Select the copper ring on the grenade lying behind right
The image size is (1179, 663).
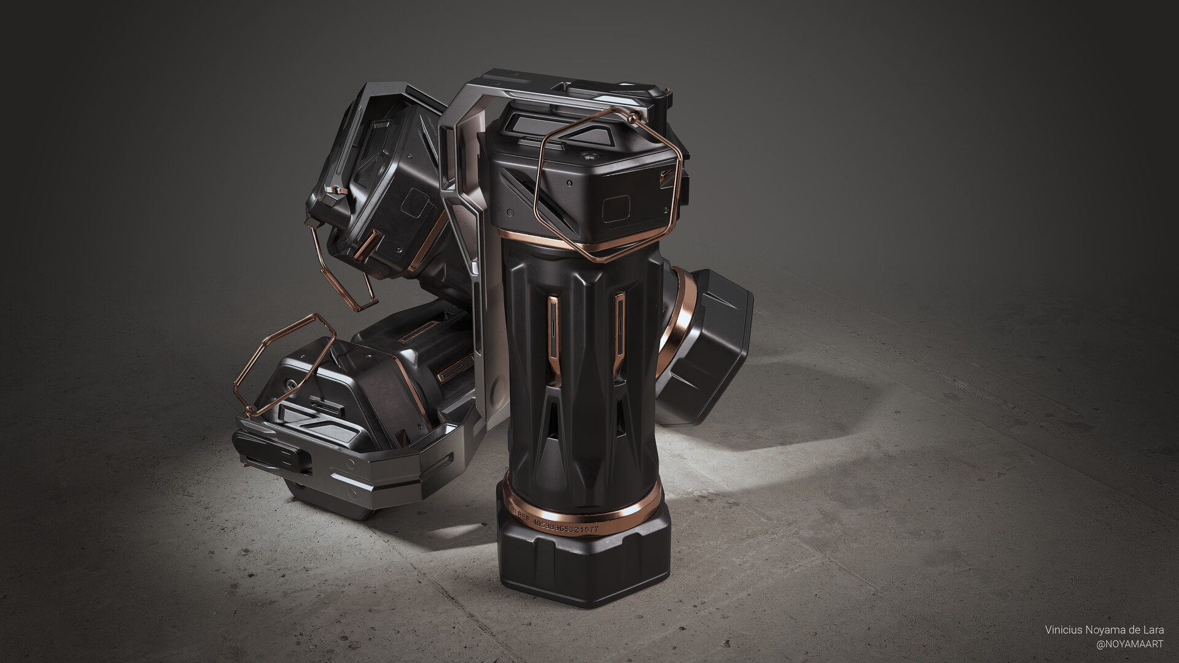point(685,319)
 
